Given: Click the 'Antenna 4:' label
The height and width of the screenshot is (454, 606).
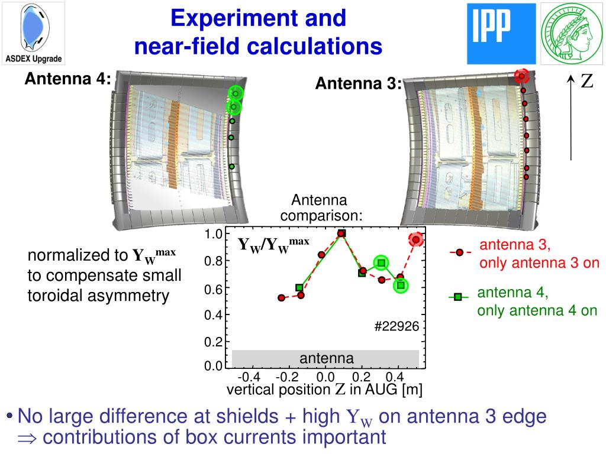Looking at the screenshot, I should [67, 79].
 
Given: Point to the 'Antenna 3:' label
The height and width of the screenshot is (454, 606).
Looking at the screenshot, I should [358, 84].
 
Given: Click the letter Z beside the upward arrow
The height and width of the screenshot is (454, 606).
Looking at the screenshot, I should [586, 82].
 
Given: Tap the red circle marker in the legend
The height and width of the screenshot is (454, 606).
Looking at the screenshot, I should [459, 252].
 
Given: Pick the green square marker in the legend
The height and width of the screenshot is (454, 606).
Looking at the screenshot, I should [457, 297].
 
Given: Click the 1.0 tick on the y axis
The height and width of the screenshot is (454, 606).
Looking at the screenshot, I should [213, 235].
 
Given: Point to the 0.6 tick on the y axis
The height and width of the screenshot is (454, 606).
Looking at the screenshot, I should [213, 289].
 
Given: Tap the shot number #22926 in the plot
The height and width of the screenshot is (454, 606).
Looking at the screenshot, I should [397, 326].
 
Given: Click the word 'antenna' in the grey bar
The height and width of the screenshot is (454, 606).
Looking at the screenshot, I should [326, 358].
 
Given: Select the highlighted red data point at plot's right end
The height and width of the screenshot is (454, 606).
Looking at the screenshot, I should [416, 239].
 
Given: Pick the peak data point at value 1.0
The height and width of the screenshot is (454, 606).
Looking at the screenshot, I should [341, 234].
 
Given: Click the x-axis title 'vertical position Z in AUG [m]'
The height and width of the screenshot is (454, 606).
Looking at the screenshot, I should [324, 390].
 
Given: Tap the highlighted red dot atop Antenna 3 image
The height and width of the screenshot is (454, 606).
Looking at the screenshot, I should [521, 76].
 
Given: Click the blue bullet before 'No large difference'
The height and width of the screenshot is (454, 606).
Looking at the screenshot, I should [10, 416].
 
